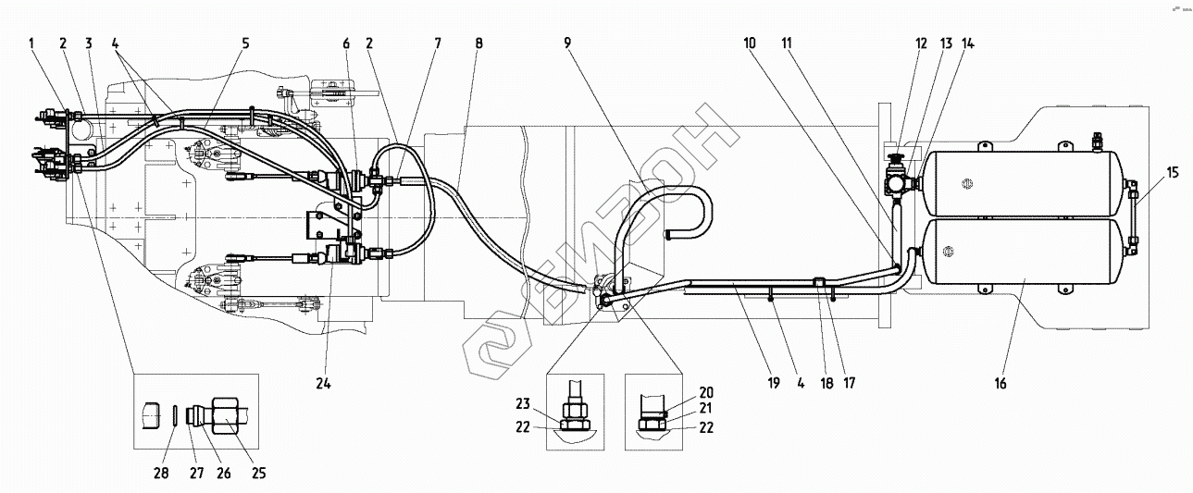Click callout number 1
(31, 43)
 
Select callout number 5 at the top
(246, 43)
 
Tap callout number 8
(478, 43)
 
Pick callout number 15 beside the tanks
(1147, 171)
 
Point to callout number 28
(160, 474)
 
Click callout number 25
(258, 474)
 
